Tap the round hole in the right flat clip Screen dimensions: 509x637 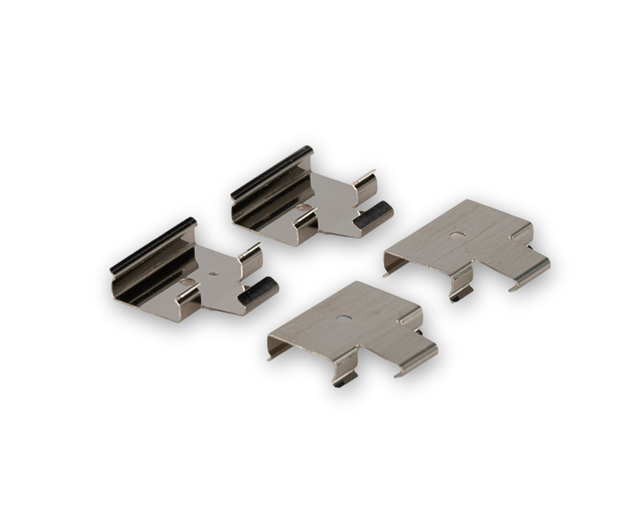pyautogui.click(x=457, y=236)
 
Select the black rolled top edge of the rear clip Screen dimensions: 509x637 pyautogui.click(x=270, y=169)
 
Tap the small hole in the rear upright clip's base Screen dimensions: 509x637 pyautogui.click(x=303, y=209)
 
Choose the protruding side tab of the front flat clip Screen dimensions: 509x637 pyautogui.click(x=416, y=353)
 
